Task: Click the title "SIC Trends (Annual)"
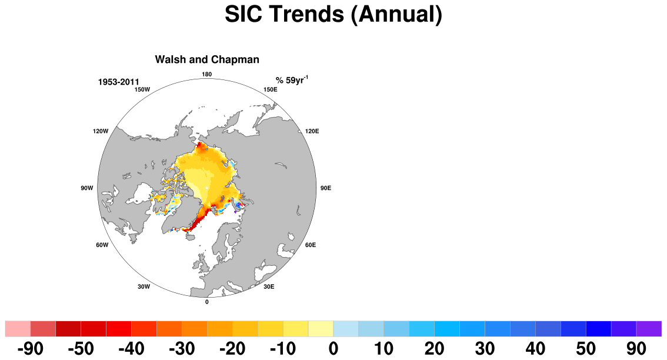pos(333,14)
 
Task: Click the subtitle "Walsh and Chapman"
pos(207,59)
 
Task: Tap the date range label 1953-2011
pos(119,82)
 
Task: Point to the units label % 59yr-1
pos(292,80)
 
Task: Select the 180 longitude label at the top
pos(206,75)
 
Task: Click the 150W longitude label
pos(142,89)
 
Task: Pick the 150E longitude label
pos(271,89)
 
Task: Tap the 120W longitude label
pos(101,131)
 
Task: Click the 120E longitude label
pos(312,131)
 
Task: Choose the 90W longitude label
pos(87,188)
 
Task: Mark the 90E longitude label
pos(325,188)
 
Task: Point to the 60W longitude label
pos(102,245)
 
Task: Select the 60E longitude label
pos(311,245)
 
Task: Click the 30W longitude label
pos(144,287)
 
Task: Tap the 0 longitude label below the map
pos(207,302)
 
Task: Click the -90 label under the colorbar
pos(30,349)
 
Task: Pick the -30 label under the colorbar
pos(182,349)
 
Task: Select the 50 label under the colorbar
pos(586,349)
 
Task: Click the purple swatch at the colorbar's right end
pos(649,329)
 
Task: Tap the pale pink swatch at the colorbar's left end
pos(18,329)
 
